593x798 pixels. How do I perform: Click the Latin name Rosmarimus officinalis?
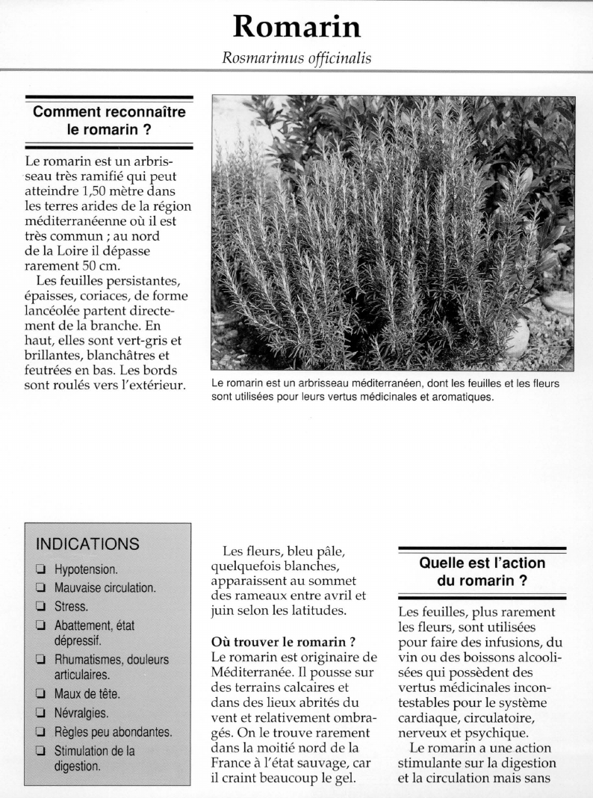point(296,58)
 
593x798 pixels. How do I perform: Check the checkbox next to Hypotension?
point(39,570)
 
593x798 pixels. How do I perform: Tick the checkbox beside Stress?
point(39,606)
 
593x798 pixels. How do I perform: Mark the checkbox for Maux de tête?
point(39,694)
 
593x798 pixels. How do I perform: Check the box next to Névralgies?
point(39,714)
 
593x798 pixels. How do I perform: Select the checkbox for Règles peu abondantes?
point(39,733)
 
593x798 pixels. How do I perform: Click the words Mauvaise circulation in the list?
point(105,587)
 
